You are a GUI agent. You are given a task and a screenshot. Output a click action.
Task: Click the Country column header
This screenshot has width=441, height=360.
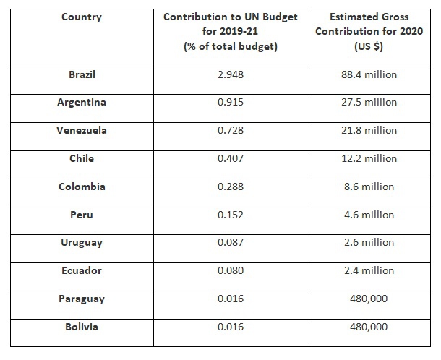82,16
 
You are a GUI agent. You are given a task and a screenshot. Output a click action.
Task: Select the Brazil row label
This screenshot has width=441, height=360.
82,74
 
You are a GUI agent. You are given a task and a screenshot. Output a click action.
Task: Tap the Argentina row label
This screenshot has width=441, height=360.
82,102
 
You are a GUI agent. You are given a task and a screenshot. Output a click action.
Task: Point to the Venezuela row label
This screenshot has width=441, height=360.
82,130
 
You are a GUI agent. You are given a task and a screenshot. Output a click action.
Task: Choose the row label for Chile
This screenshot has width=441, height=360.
82,158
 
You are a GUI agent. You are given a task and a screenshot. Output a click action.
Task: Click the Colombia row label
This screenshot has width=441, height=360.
82,187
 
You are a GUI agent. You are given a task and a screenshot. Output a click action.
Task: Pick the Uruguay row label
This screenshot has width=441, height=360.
82,243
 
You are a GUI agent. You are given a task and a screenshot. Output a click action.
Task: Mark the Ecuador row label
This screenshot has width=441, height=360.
82,271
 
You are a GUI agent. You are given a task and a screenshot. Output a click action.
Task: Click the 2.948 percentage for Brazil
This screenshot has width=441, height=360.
231,74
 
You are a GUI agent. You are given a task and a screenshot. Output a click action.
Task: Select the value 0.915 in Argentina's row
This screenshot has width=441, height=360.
231,102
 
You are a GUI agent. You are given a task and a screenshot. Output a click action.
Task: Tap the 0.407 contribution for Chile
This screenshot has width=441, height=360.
231,158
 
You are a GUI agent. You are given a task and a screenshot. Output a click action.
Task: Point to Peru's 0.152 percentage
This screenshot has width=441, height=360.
231,215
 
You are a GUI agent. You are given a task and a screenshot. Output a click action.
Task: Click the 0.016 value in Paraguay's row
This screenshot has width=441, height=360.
231,299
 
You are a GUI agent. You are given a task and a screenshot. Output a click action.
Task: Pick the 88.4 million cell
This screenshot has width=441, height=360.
370,74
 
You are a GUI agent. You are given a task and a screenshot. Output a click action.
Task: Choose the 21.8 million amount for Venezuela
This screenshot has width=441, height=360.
370,130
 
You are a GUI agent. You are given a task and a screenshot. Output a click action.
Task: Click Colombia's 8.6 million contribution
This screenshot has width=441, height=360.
370,187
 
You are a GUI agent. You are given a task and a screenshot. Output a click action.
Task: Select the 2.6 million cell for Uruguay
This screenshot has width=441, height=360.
370,243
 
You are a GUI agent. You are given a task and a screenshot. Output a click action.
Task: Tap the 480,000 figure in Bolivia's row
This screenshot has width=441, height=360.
370,327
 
